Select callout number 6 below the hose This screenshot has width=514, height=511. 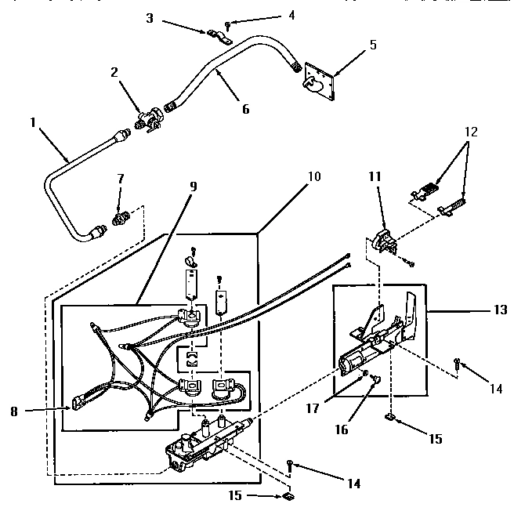(245, 109)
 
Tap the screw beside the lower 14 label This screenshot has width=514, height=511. (289, 466)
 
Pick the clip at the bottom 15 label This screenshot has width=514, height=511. (288, 496)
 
